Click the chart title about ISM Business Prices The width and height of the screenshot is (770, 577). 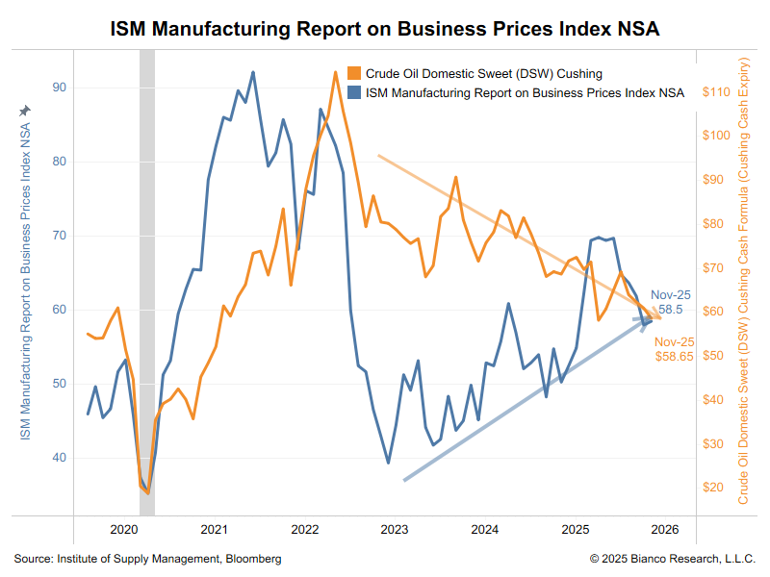coord(385,29)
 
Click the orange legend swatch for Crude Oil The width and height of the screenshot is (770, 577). coord(354,74)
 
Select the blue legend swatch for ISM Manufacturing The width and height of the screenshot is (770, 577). coord(354,93)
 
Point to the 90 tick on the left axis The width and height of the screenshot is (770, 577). coord(60,88)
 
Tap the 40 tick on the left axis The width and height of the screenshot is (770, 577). coord(60,458)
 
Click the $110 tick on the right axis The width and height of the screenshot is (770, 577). coord(718,92)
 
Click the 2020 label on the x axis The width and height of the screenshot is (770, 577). coord(124,530)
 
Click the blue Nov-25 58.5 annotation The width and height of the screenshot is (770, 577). coord(666,302)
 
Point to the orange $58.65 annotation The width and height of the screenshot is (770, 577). coord(674,349)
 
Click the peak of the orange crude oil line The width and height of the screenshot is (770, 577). coord(334,71)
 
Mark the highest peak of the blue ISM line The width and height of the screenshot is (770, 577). coord(253,72)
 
